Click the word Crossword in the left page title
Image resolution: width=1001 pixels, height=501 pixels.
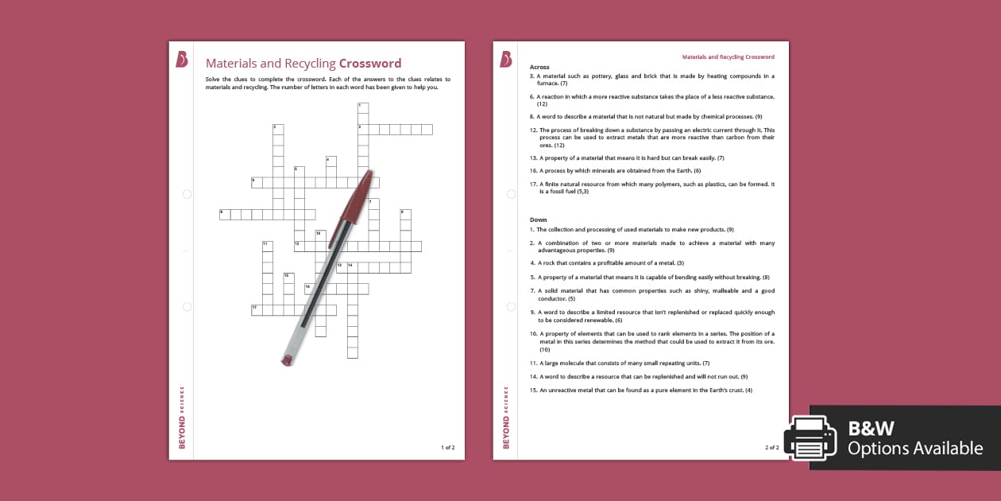point(370,64)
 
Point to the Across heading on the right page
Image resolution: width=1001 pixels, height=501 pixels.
point(539,68)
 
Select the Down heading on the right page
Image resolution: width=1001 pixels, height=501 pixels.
point(538,219)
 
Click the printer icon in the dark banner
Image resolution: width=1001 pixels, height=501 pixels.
point(810,438)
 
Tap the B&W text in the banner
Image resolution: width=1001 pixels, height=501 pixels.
point(871,429)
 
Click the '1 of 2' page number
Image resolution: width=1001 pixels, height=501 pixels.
point(447,448)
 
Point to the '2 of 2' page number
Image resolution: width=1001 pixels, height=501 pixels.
point(772,448)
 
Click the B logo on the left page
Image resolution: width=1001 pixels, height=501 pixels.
point(182,60)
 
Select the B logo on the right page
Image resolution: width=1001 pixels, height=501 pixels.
point(506,60)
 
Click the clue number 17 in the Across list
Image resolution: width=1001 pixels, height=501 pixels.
point(534,184)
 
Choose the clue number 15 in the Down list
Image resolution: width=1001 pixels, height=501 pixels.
point(534,390)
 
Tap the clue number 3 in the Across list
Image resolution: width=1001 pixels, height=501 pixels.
point(531,76)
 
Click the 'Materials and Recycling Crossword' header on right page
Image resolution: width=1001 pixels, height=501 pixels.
point(729,57)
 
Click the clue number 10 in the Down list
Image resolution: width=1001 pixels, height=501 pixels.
point(534,334)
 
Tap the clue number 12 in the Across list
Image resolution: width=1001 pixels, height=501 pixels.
point(534,130)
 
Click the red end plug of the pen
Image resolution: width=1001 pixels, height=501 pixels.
point(287,360)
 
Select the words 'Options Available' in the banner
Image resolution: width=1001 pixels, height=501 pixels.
point(914,449)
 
